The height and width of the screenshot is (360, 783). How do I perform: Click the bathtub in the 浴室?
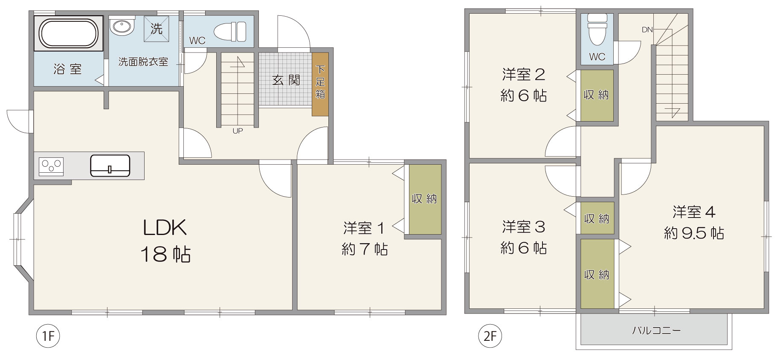click(x=69, y=33)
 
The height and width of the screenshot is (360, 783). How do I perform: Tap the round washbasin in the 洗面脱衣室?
click(x=122, y=26)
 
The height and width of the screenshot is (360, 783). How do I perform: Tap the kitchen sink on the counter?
click(x=110, y=165)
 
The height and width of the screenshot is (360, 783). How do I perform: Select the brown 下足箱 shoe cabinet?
click(x=320, y=84)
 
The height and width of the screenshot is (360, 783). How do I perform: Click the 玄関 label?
click(x=286, y=80)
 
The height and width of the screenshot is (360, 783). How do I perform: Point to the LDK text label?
click(x=165, y=228)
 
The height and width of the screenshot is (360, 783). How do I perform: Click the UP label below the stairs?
click(x=238, y=131)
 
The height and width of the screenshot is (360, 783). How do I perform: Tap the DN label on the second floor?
click(x=647, y=30)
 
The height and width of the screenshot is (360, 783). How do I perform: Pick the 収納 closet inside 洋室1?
click(x=425, y=199)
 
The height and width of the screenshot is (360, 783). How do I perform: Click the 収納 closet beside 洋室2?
click(x=597, y=95)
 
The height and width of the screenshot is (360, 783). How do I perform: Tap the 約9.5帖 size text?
click(x=694, y=233)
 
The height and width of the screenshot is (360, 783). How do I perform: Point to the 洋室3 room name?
click(x=524, y=226)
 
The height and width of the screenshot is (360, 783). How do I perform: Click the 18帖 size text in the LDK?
click(x=165, y=254)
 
